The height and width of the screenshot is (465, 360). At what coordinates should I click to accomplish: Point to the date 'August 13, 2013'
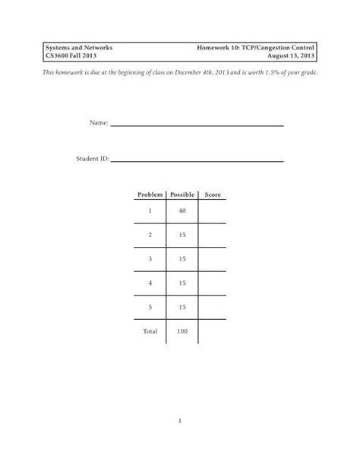tap(289, 57)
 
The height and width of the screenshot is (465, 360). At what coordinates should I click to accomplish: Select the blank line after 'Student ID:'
tap(197, 161)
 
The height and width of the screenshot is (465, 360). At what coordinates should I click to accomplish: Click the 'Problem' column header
tap(150, 195)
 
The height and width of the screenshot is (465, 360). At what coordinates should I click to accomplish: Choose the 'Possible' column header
tap(182, 195)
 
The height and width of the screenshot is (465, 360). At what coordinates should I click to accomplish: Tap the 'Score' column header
tap(212, 195)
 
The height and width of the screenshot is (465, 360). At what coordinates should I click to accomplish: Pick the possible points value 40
tap(182, 211)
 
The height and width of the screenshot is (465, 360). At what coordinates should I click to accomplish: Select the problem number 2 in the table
tap(150, 236)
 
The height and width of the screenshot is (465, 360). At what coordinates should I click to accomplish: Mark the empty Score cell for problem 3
tap(212, 261)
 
